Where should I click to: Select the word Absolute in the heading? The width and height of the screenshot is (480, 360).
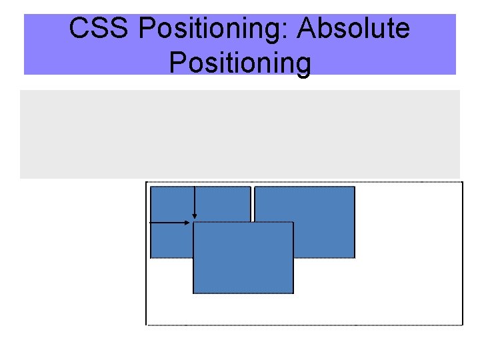(x=353, y=29)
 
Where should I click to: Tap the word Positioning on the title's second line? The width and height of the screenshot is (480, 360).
(x=240, y=63)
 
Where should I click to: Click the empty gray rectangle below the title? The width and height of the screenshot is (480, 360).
(x=240, y=134)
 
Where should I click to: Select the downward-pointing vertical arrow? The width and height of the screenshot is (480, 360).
(x=194, y=200)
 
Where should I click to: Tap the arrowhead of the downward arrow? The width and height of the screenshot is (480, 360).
(x=194, y=215)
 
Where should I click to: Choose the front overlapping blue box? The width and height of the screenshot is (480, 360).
(x=243, y=267)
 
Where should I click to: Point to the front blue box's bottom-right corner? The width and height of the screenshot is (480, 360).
(x=293, y=293)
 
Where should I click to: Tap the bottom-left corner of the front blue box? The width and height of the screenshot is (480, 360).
(x=193, y=293)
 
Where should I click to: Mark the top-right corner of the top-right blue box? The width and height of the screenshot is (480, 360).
(x=355, y=187)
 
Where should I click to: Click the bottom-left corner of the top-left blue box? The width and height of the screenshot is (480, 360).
(x=151, y=257)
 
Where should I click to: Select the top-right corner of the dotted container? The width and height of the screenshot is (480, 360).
(x=462, y=182)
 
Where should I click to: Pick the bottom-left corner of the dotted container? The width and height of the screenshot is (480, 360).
(x=147, y=325)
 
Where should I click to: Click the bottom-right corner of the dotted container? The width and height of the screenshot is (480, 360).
(x=462, y=325)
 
